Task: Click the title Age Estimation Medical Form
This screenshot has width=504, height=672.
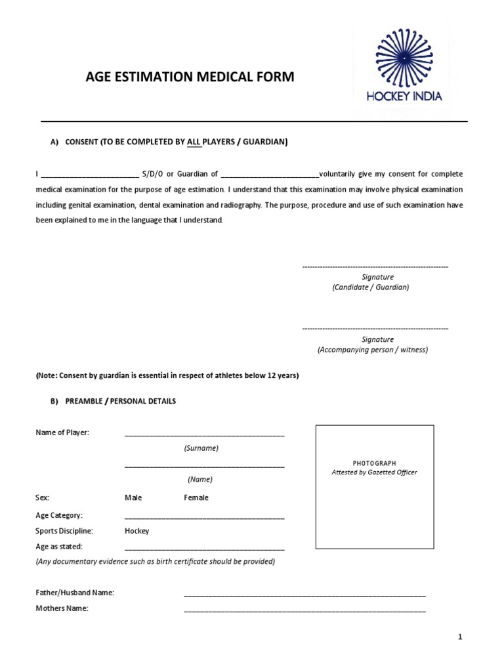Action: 190,77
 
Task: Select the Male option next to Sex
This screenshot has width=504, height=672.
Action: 133,497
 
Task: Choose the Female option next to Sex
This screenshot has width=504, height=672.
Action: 196,497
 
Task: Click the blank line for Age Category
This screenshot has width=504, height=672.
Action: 204,517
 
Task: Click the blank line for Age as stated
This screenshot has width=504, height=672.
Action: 204,548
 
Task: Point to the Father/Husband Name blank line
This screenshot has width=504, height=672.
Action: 304,595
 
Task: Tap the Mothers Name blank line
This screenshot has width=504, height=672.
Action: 304,610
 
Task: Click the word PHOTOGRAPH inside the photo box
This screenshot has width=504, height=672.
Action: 374,463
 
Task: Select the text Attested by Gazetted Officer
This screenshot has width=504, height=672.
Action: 374,472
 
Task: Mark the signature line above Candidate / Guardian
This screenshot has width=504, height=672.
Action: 375,267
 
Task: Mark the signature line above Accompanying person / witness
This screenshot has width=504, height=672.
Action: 375,328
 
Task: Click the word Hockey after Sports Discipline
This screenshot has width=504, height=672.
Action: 137,531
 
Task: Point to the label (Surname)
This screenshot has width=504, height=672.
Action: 201,448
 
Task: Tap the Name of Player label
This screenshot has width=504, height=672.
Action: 62,432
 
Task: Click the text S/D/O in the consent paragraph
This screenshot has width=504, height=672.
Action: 154,174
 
